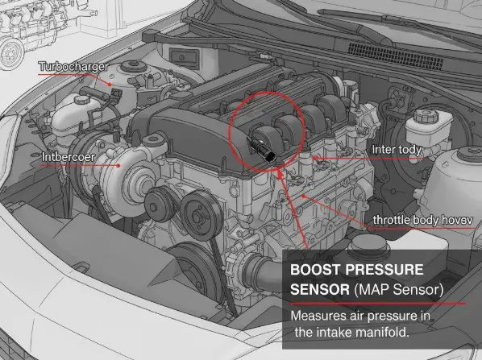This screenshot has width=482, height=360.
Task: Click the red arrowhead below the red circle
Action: coord(279,170)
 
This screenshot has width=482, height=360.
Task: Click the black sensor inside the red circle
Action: coord(267,147)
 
